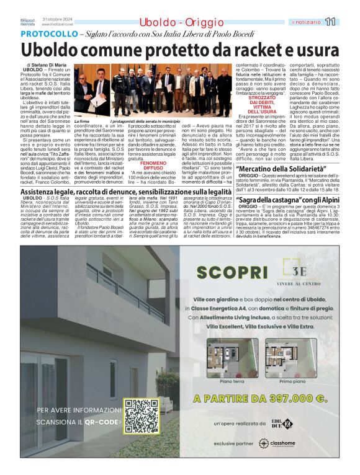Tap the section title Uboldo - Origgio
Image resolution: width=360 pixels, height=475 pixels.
[x=167, y=22]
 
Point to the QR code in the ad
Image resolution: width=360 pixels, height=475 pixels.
[x=142, y=415]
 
